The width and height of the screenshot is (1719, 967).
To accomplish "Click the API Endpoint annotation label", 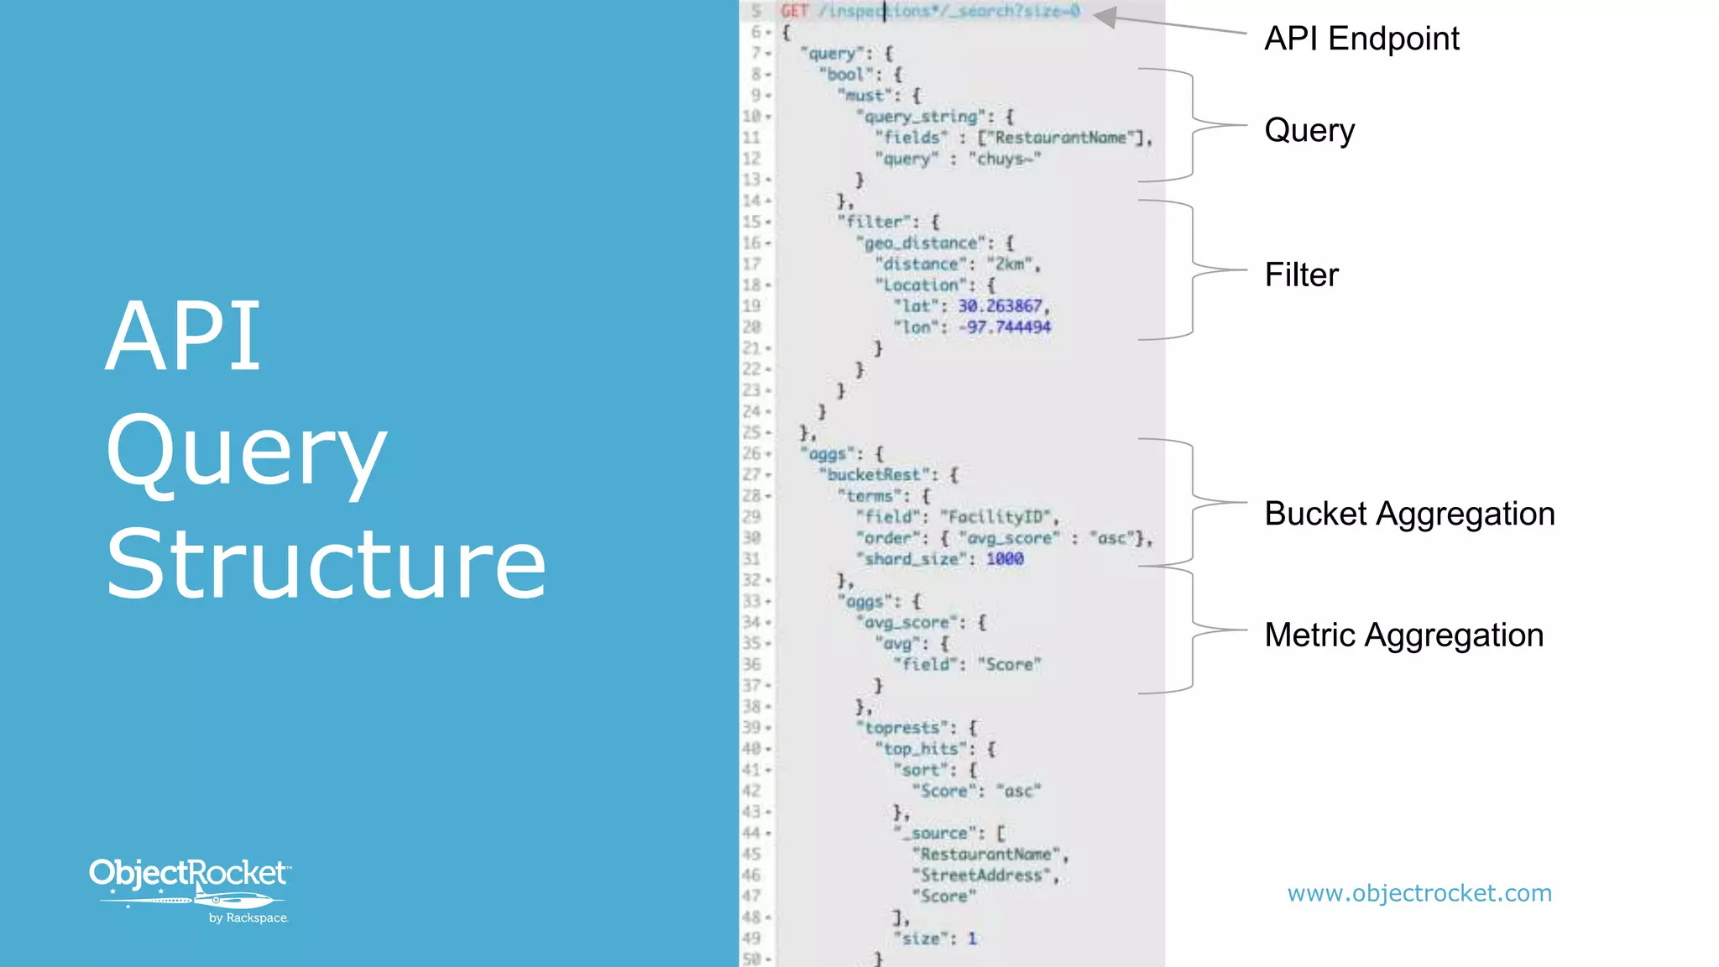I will [x=1361, y=39].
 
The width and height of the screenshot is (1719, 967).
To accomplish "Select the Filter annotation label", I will [x=1301, y=275].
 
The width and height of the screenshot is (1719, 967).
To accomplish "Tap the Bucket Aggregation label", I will [x=1409, y=514].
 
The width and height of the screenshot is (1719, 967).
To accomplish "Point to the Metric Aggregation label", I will [x=1403, y=635].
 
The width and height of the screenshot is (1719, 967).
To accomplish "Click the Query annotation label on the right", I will [x=1309, y=130].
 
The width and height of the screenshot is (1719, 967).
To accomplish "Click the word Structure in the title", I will [x=326, y=563].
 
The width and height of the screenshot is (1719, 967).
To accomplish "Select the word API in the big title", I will [x=183, y=337].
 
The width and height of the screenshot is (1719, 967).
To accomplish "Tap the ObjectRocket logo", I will [x=190, y=888].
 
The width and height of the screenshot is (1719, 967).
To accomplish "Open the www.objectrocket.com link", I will [x=1419, y=893].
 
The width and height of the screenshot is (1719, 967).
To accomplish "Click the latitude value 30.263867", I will [x=1001, y=306].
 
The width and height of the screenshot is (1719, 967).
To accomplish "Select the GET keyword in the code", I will [x=794, y=11].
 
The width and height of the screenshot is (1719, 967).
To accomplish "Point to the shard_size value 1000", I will [x=1004, y=559].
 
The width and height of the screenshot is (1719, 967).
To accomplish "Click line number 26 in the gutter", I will [x=751, y=453].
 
